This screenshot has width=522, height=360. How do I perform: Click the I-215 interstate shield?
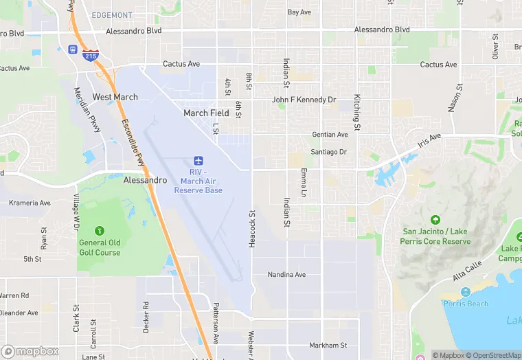pyautogui.click(x=90, y=55)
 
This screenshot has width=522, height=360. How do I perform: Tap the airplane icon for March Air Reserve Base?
pyautogui.click(x=198, y=159)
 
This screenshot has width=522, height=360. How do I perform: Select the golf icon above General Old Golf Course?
pyautogui.click(x=100, y=230)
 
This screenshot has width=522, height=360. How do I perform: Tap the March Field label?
pyautogui.click(x=206, y=113)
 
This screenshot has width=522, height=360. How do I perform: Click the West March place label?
pyautogui.click(x=115, y=97)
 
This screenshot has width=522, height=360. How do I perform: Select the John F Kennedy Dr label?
pyautogui.click(x=304, y=100)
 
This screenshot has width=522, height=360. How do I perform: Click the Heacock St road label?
pyautogui.click(x=252, y=229)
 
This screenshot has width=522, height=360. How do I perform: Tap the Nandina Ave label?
pyautogui.click(x=286, y=275)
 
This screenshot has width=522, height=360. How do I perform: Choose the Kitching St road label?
pyautogui.click(x=357, y=112)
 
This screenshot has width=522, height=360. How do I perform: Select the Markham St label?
pyautogui.click(x=328, y=345)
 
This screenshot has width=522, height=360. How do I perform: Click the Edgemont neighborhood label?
pyautogui.click(x=112, y=15)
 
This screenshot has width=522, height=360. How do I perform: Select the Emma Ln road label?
pyautogui.click(x=303, y=183)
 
